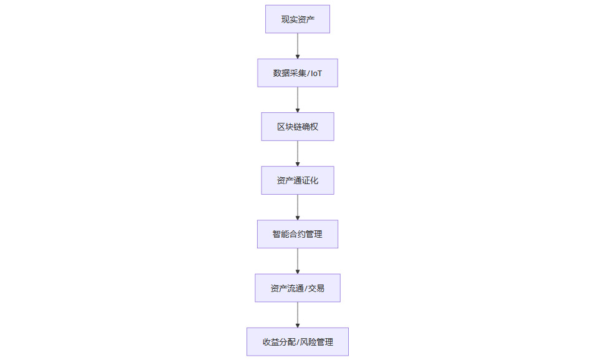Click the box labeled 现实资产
(298, 19)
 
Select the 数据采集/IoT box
(298, 73)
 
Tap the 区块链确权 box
(298, 127)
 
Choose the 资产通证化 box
(298, 180)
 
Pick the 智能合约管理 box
(298, 234)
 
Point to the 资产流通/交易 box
(298, 288)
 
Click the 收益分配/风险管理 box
(298, 342)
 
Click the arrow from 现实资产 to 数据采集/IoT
(298, 46)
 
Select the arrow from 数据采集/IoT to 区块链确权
(298, 100)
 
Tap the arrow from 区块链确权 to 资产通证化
(298, 153)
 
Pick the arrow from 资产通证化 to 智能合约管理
(298, 207)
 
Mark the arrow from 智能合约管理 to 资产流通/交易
(298, 261)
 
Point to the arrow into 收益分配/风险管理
(298, 315)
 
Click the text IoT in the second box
(316, 74)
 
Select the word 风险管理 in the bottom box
(317, 342)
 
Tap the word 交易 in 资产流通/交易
(316, 288)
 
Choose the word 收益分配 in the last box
(279, 342)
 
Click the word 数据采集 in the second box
(290, 73)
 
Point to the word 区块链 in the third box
(290, 127)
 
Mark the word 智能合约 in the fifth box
(289, 234)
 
